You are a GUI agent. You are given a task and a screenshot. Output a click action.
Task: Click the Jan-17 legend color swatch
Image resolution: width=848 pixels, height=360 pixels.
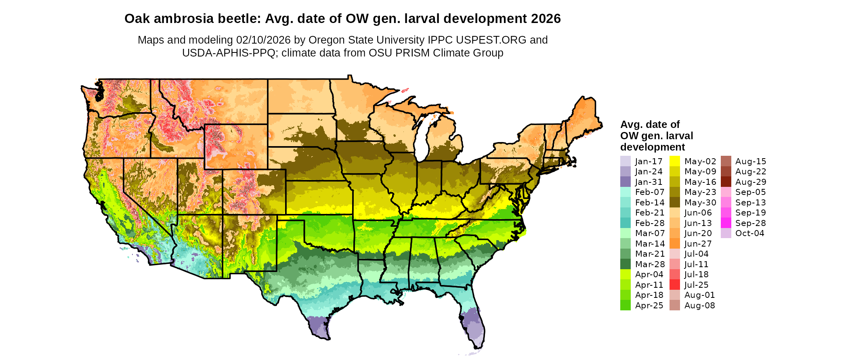pos(625,161)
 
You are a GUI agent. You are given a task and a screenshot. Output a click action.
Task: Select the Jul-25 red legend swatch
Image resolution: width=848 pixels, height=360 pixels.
pos(674,285)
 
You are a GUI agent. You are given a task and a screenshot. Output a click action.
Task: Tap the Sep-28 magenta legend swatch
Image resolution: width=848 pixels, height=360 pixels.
pos(726,223)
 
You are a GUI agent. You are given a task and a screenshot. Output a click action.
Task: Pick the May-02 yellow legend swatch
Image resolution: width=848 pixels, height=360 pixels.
pos(674,161)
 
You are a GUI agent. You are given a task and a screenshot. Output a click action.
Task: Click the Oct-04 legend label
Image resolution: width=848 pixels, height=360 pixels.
pos(749,233)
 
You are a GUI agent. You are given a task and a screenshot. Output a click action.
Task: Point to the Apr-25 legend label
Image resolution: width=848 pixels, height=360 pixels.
pos(649,306)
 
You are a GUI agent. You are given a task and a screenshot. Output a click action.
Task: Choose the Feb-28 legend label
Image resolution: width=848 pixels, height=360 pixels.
pos(649,223)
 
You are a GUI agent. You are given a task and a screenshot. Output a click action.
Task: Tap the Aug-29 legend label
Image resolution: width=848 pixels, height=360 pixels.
pos(750,182)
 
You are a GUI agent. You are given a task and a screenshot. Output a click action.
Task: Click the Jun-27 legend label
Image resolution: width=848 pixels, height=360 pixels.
pos(698,244)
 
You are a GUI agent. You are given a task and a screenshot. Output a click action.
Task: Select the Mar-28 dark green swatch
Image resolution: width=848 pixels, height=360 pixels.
pos(625,264)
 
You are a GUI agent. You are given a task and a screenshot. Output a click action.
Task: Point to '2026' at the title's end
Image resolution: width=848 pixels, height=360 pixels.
pos(546,19)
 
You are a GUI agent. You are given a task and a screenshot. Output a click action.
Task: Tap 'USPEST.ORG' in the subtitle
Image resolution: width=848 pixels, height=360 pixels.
pos(491,40)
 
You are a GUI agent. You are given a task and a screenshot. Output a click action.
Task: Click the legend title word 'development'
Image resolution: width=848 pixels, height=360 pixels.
pos(653,147)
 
